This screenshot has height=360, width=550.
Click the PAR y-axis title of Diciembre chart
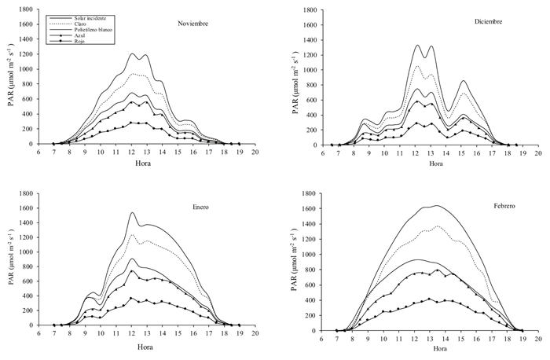[295, 77]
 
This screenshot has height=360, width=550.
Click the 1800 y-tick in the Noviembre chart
[24, 10]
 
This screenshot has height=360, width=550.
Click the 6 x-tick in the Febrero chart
[317, 338]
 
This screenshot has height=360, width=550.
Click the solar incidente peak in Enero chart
[132, 212]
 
